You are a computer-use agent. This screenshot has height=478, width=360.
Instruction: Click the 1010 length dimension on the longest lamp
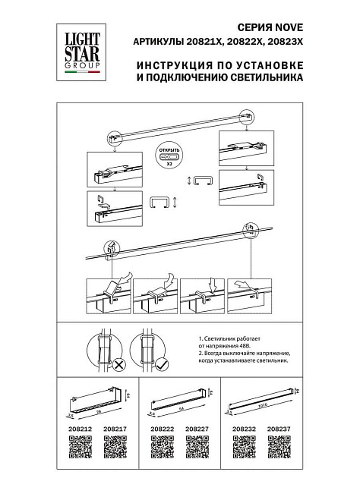tap(264, 405)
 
